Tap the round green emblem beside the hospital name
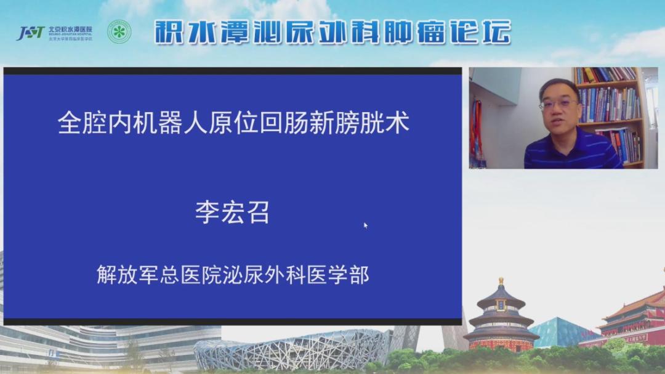(119, 32)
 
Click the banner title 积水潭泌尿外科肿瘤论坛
(332, 32)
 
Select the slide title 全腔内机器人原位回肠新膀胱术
(233, 123)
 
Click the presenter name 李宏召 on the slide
(232, 213)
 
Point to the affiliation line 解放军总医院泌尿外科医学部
(233, 274)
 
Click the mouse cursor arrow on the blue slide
(365, 225)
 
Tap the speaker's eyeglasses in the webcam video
(558, 104)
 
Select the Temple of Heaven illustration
(501, 317)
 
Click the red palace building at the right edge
(634, 320)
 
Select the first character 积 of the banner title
(168, 32)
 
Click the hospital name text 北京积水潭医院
(70, 29)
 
